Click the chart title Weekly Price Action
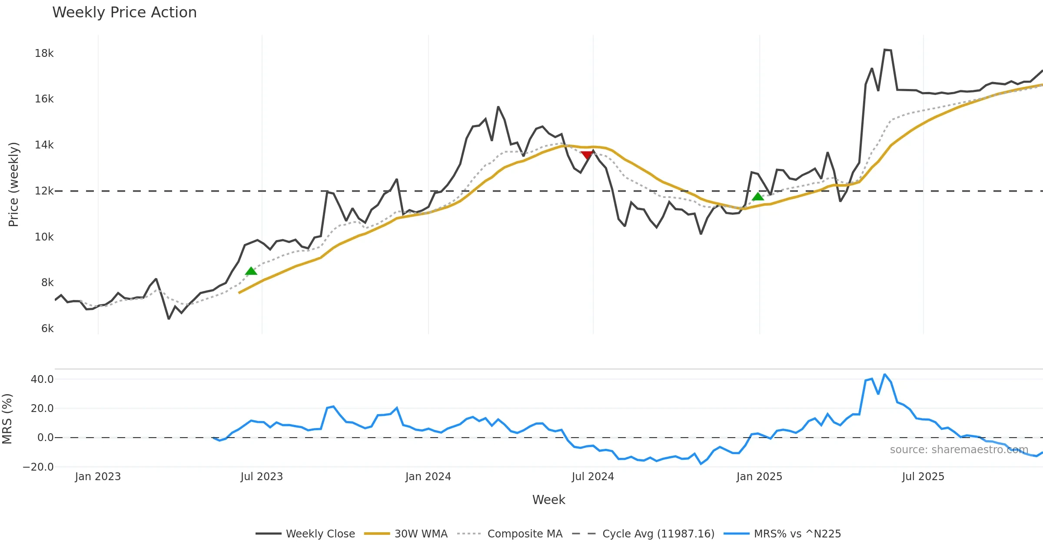tap(124, 13)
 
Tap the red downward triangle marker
tap(587, 155)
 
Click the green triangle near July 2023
tap(251, 271)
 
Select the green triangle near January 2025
tap(757, 197)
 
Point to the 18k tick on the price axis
tap(44, 53)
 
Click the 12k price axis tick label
tap(44, 191)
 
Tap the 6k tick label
tap(47, 329)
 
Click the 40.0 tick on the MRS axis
tap(42, 379)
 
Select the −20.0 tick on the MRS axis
tap(38, 467)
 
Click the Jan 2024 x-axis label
tap(428, 477)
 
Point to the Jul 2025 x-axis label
tap(923, 477)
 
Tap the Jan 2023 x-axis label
tap(98, 477)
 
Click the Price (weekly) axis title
tap(13, 185)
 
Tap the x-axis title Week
tap(548, 500)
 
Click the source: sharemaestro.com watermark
tap(959, 450)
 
